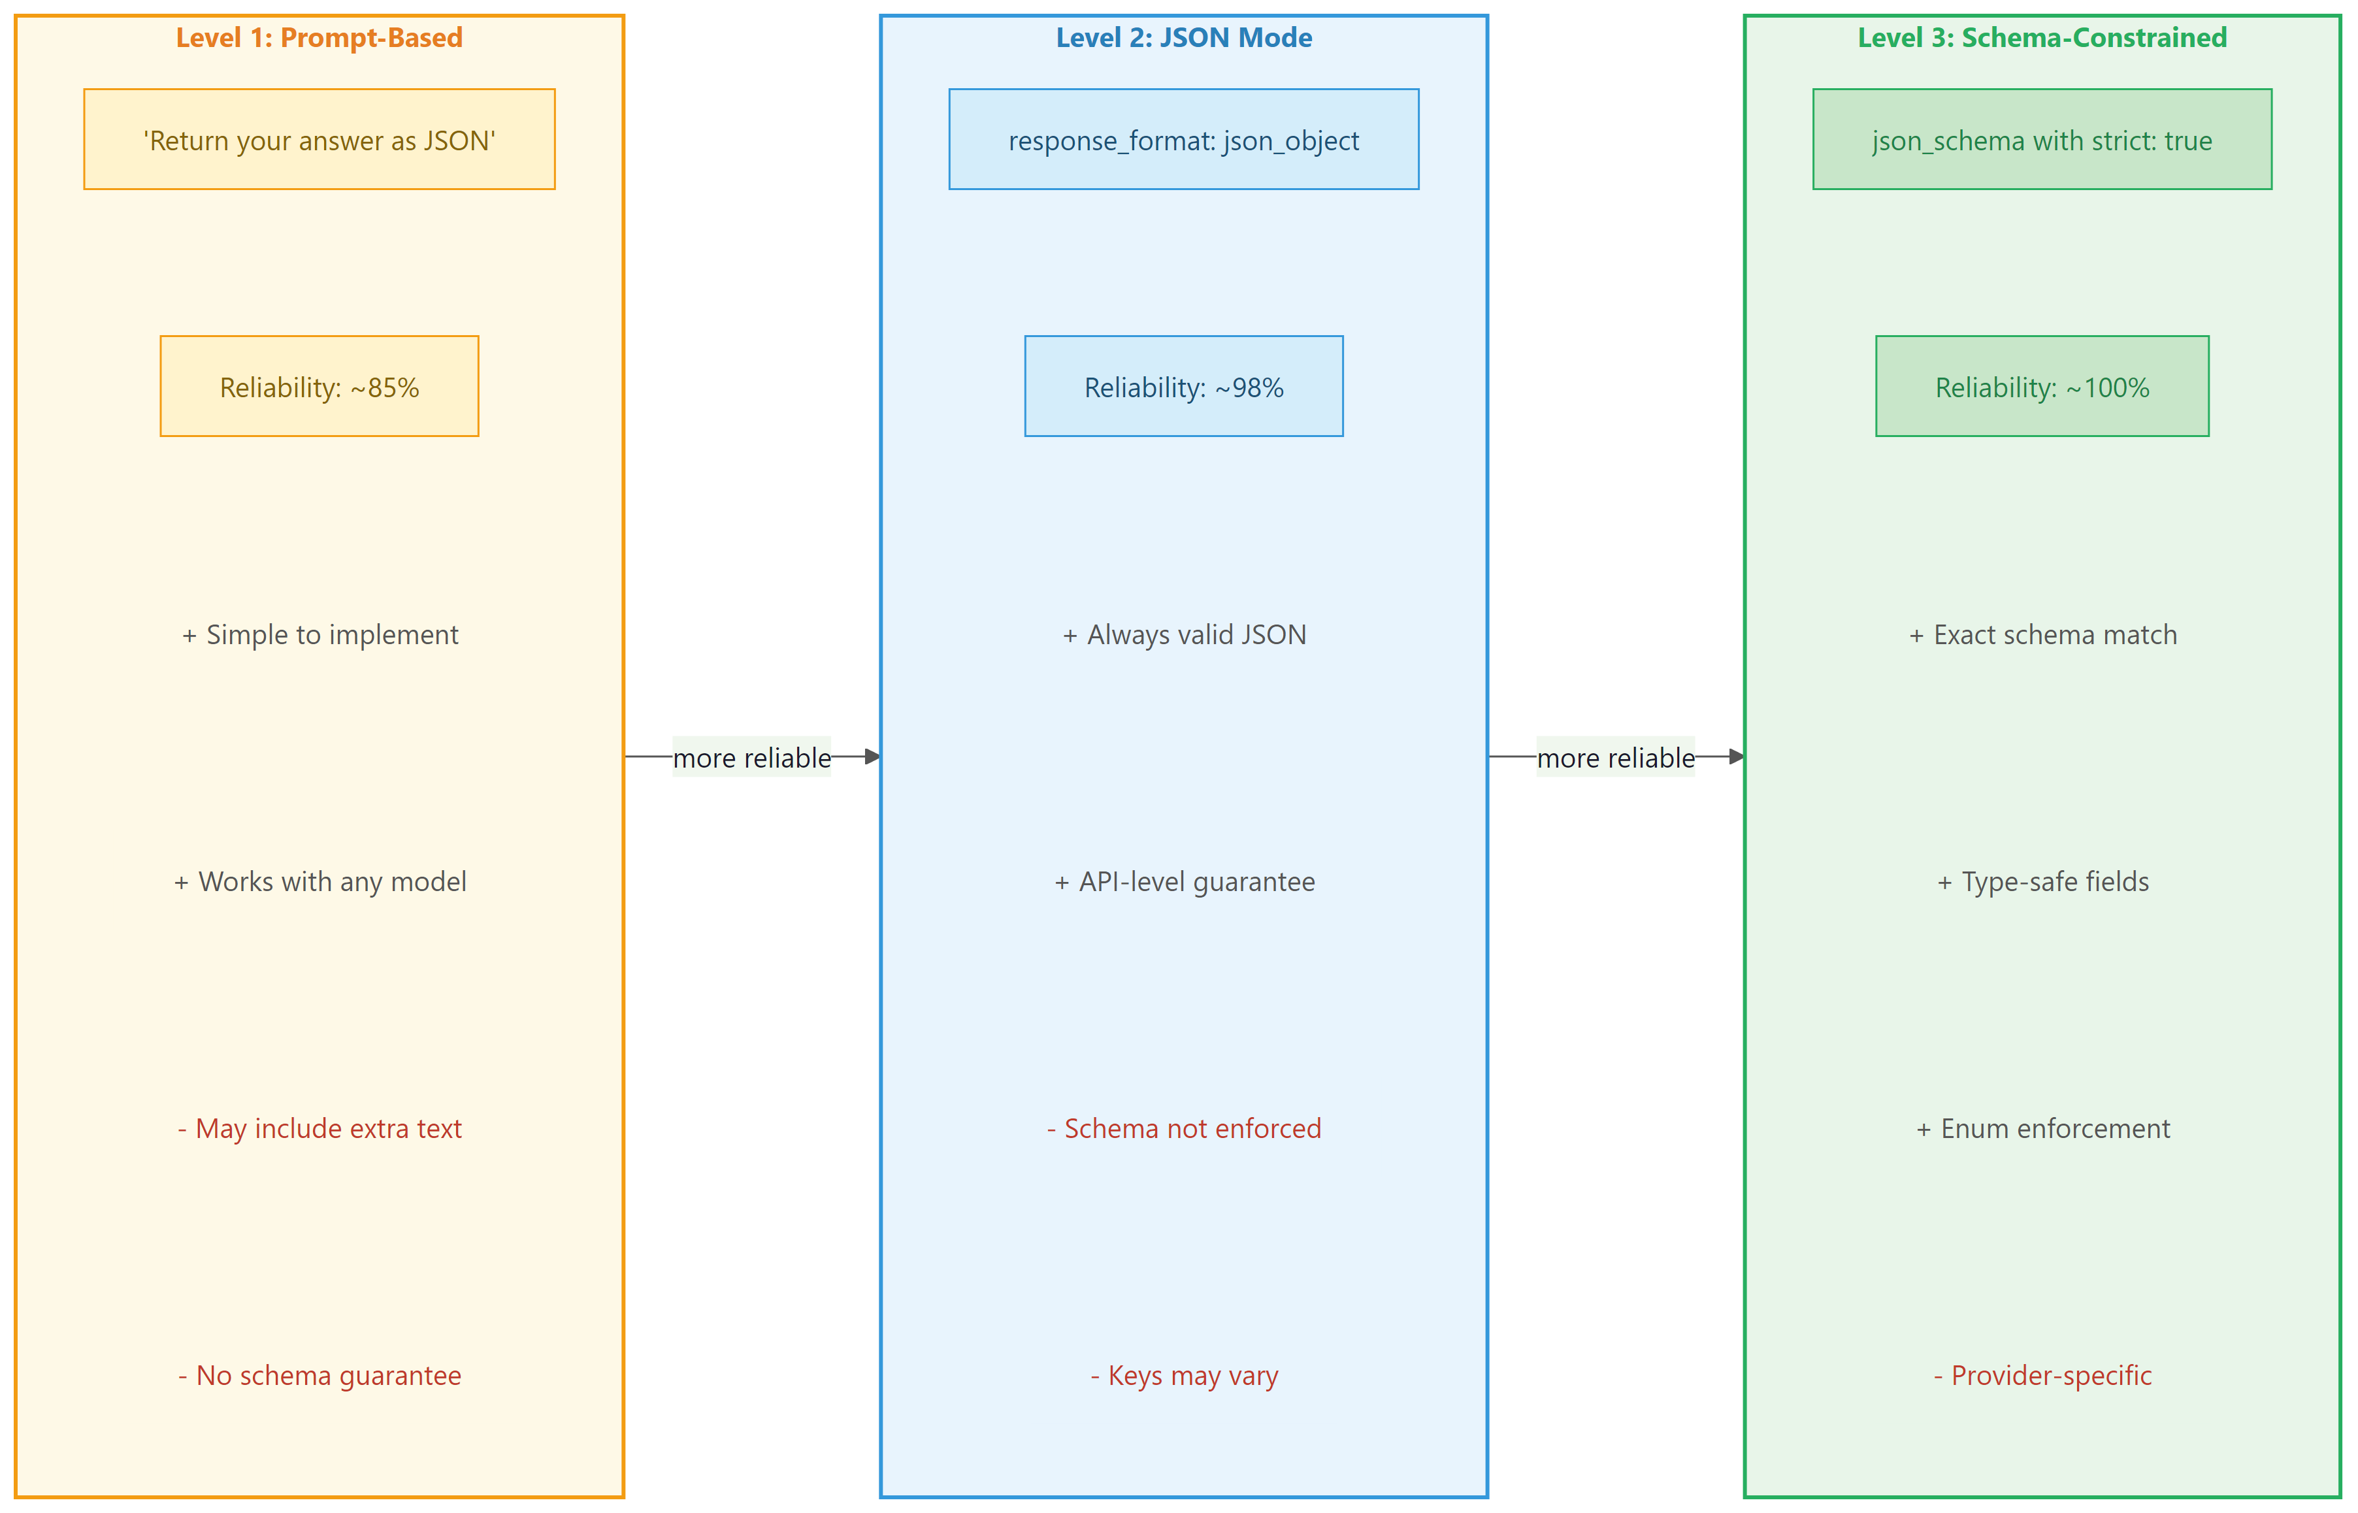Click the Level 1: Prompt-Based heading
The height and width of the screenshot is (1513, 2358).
click(319, 37)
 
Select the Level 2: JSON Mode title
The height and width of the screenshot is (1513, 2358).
click(1184, 37)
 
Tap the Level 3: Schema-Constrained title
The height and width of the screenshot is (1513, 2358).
click(2042, 37)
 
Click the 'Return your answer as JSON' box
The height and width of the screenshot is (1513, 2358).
click(319, 140)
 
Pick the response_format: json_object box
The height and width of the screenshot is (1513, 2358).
click(1184, 140)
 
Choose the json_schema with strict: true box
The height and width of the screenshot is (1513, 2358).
click(2042, 140)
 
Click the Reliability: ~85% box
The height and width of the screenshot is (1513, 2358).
click(319, 386)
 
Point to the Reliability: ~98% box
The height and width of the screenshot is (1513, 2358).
click(1184, 386)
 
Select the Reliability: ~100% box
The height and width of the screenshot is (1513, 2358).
click(2042, 386)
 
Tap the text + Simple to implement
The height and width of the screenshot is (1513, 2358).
click(319, 635)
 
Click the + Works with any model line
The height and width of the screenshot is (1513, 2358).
click(319, 881)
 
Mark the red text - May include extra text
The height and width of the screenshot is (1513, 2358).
click(319, 1128)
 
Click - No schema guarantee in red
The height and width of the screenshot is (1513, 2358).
click(319, 1375)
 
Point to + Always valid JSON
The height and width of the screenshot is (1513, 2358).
click(1184, 635)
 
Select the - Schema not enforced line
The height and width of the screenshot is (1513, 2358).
click(1184, 1128)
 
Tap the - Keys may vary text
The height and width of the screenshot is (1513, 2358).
click(1184, 1375)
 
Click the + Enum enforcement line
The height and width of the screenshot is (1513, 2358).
click(2042, 1128)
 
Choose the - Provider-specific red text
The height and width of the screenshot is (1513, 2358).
click(2042, 1375)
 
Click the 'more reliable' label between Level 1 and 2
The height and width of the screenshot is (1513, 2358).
click(751, 758)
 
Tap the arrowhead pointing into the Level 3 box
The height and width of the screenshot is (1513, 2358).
click(1736, 756)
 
